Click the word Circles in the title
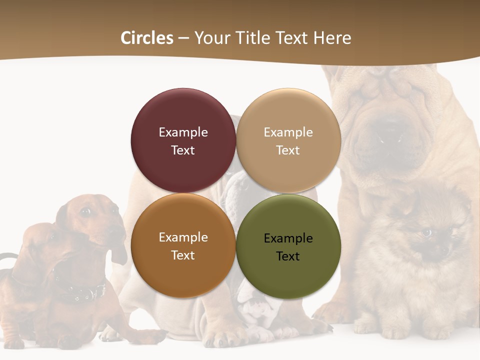(147, 38)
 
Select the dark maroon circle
(183, 140)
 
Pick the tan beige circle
(288, 140)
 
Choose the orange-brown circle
(183, 245)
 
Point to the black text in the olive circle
(288, 247)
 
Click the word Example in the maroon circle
(183, 132)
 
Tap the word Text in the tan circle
(288, 150)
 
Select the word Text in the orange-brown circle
(183, 255)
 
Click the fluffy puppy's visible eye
(426, 232)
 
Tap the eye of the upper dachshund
(85, 211)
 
